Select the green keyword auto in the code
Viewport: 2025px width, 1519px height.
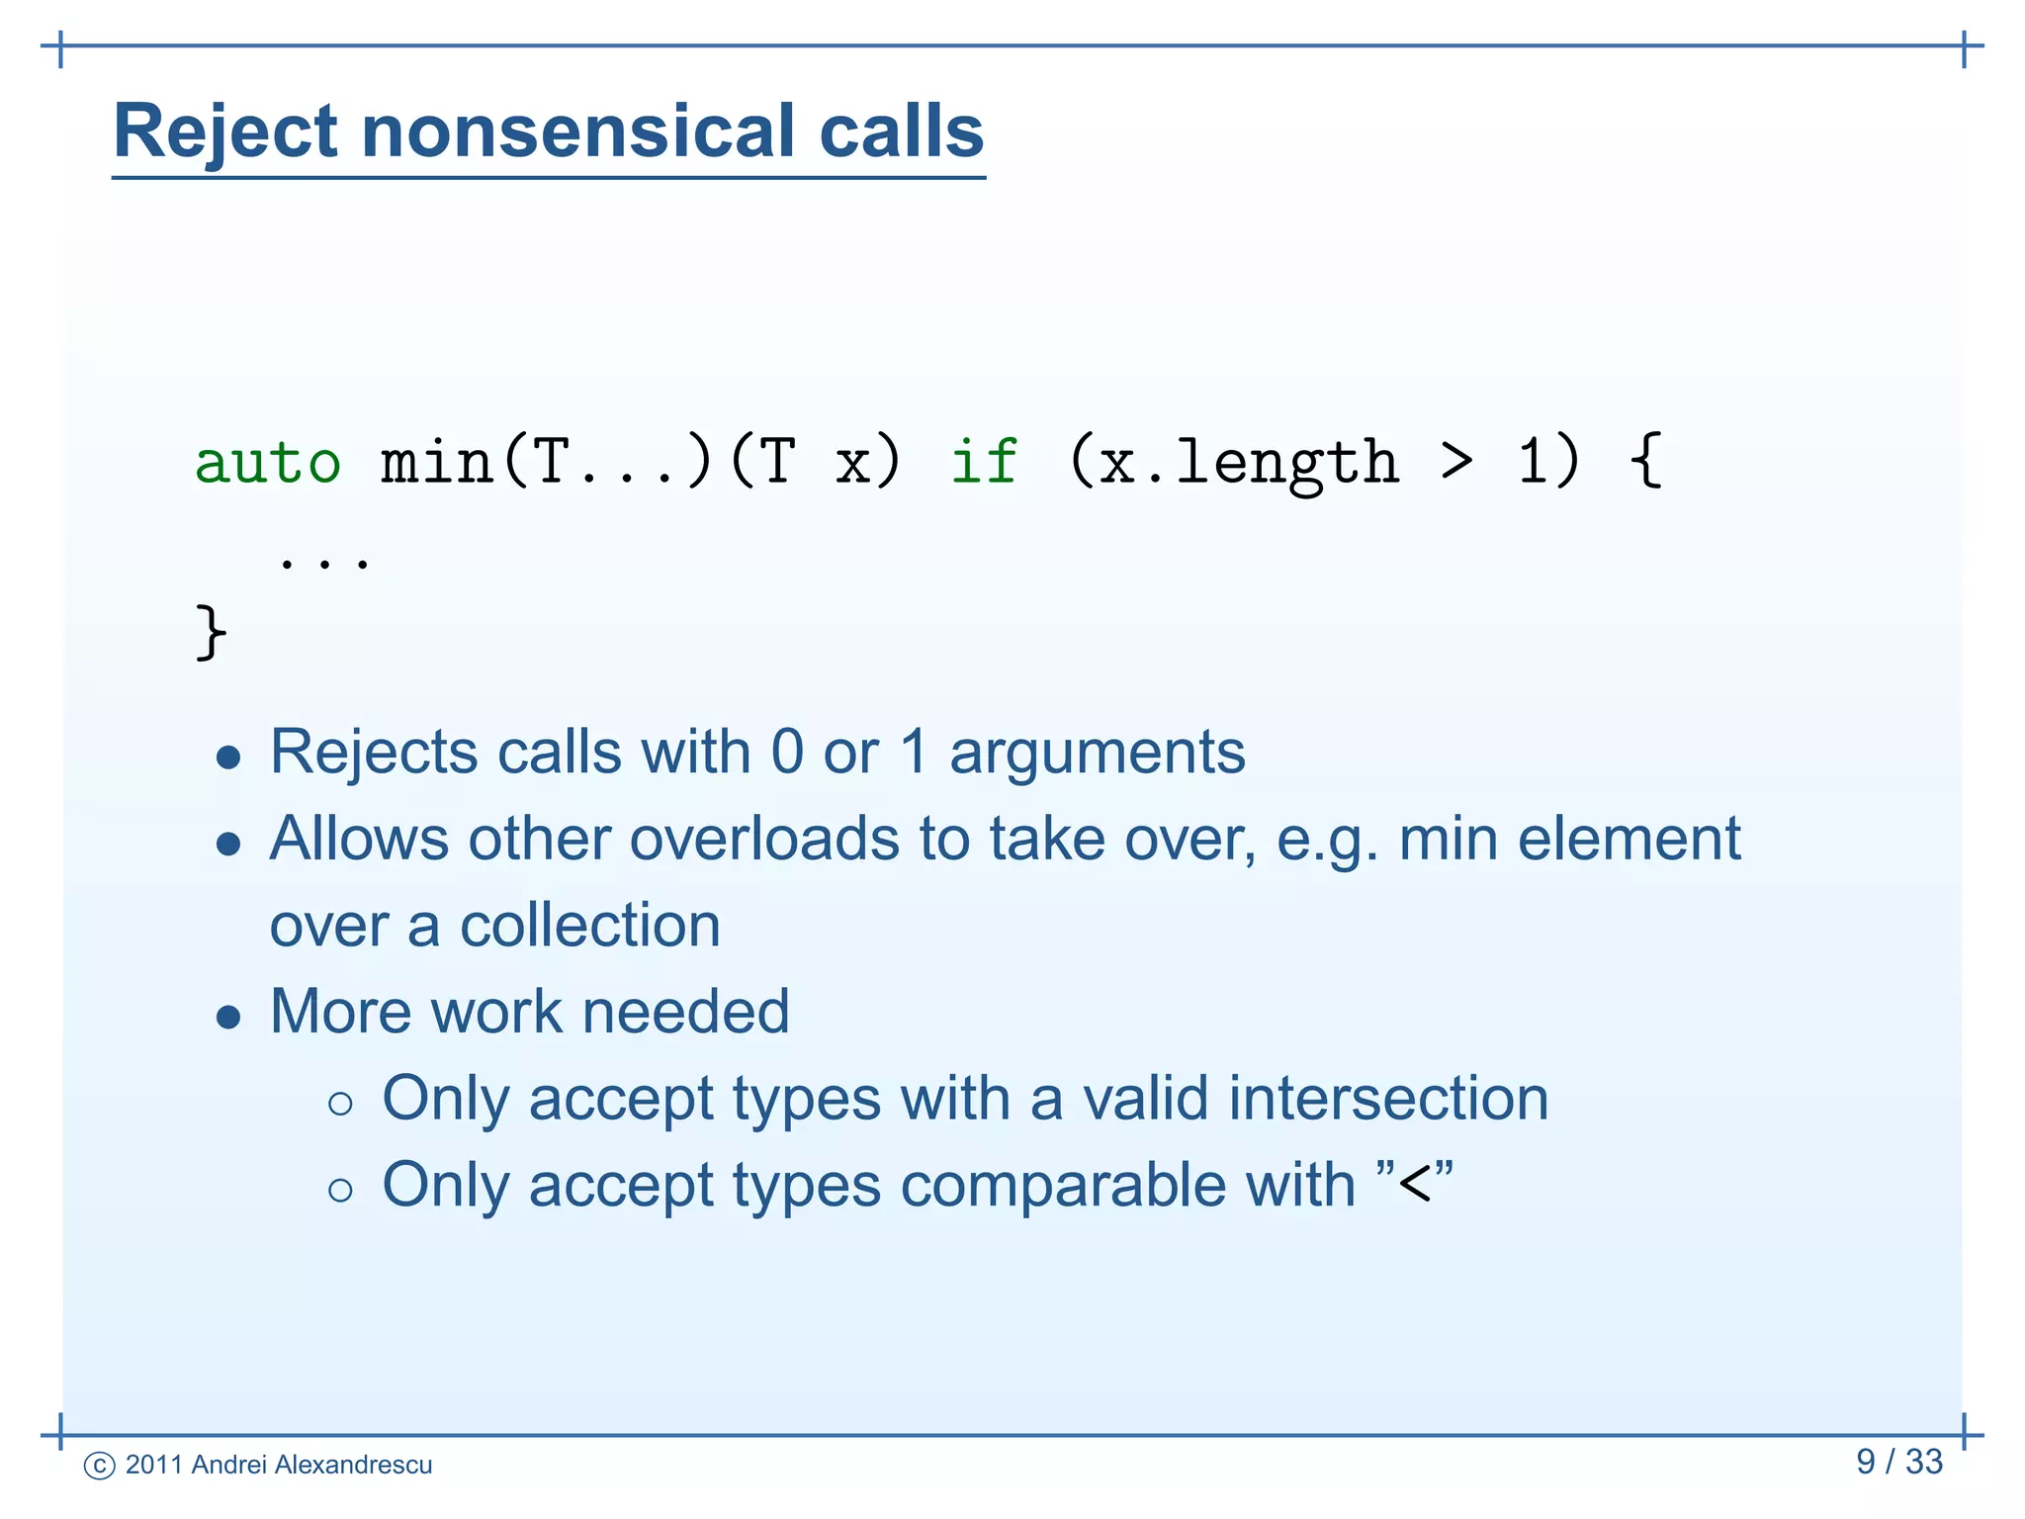click(268, 463)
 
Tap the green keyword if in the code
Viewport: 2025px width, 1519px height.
click(983, 463)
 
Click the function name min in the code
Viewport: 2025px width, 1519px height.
click(437, 463)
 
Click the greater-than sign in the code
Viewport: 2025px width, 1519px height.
click(1456, 463)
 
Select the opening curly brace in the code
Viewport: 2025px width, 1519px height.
click(1645, 461)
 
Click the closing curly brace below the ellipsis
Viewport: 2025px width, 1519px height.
click(211, 632)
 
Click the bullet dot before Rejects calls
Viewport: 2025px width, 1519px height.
click(228, 759)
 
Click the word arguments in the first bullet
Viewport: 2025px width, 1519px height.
click(1097, 754)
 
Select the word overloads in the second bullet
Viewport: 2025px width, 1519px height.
click(764, 840)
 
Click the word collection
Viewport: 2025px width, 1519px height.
click(589, 927)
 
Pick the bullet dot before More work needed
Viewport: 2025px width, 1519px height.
click(228, 1018)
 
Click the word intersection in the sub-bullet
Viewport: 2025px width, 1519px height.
click(1388, 1099)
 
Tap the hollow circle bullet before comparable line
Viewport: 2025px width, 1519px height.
click(340, 1190)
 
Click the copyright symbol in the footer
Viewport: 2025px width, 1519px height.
click(100, 1466)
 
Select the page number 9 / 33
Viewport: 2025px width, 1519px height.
click(1898, 1462)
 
